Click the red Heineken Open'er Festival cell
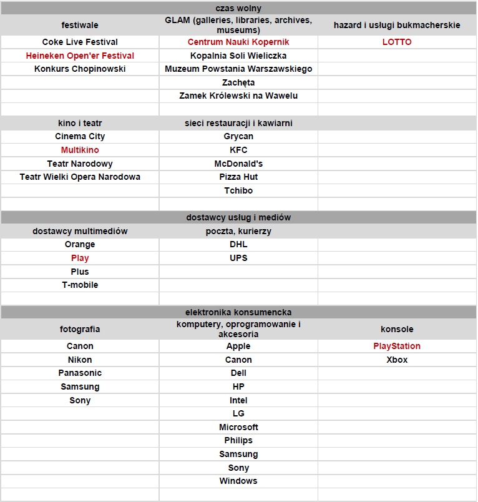tap(80, 56)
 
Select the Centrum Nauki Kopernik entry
tap(238, 42)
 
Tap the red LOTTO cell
tap(397, 42)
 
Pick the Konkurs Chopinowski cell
tap(80, 69)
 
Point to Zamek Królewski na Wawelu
tap(238, 96)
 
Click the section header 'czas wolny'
tap(238, 8)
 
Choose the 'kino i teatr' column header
tap(80, 123)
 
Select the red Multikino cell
tap(80, 150)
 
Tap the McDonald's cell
tap(238, 164)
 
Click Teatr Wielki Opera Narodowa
tap(80, 177)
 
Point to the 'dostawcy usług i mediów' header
tap(238, 217)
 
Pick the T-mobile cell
tap(80, 285)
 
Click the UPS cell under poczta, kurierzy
tap(238, 258)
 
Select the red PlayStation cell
tap(397, 346)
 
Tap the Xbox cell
tap(397, 360)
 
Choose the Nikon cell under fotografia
tap(80, 360)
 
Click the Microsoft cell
tap(238, 427)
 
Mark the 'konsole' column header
tap(397, 329)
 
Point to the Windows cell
tap(238, 481)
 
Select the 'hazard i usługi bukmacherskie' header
tap(397, 25)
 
